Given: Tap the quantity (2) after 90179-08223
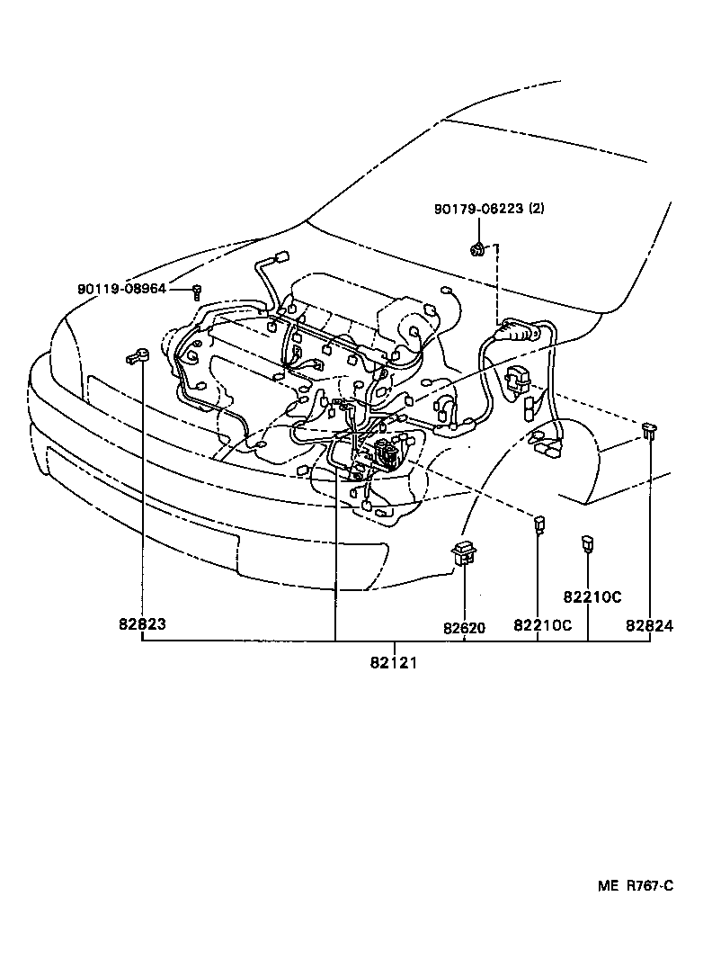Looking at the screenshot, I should pos(536,209).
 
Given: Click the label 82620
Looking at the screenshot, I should pos(464,627).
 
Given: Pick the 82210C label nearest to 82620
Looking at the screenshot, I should pos(542,626).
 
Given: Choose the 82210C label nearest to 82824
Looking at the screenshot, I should pos(593,596).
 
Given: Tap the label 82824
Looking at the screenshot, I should pos(650,626).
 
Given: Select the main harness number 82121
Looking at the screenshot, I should pos(393,663).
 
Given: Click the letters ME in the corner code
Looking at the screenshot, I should pos(609,885).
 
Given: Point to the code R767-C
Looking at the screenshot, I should pos(649,885).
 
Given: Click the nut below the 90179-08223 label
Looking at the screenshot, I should pos(479,247).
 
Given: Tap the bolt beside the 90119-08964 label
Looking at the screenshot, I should pos(197,290).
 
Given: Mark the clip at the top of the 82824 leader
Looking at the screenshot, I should pos(648,430).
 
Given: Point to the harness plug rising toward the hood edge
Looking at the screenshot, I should pos(280,257).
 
